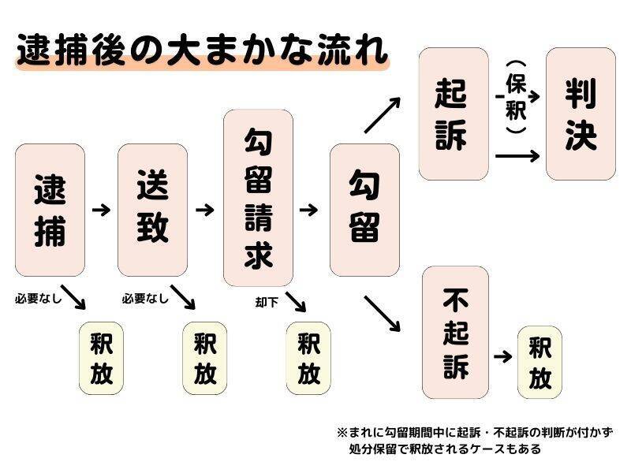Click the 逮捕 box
[50, 210]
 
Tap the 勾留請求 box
[258, 197]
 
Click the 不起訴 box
[455, 333]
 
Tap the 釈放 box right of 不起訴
[540, 362]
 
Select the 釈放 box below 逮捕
[102, 357]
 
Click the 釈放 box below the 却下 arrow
[308, 357]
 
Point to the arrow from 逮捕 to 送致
[101, 210]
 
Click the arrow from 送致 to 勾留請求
[204, 210]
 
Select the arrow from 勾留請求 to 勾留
[308, 210]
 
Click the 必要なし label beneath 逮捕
[38, 299]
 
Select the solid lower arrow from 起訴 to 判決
[517, 155]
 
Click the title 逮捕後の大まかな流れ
[202, 51]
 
